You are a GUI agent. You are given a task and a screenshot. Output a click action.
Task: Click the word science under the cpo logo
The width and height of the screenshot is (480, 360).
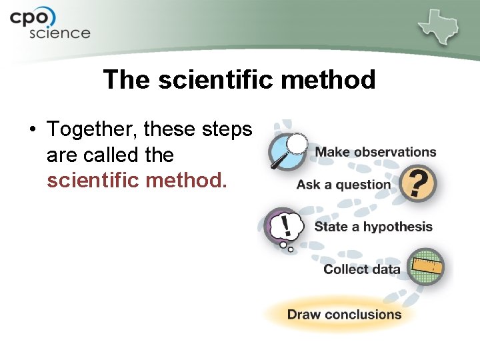tap(59, 33)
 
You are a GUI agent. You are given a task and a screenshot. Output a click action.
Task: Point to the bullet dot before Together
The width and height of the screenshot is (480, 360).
tap(33, 129)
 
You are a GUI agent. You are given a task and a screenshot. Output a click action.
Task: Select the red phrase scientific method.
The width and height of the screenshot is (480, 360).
tap(137, 180)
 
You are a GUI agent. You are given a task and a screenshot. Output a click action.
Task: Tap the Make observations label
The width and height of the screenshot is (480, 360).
tap(375, 152)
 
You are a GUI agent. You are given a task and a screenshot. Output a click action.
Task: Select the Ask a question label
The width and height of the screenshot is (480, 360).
tap(343, 185)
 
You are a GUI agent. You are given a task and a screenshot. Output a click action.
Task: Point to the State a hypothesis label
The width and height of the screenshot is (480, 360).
tap(373, 227)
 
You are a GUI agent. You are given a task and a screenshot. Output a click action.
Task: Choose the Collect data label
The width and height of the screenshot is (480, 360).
tap(361, 269)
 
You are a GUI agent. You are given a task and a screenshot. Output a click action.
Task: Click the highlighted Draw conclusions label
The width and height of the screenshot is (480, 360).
tap(344, 314)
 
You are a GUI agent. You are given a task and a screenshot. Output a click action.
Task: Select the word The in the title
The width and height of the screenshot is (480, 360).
tap(127, 80)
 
